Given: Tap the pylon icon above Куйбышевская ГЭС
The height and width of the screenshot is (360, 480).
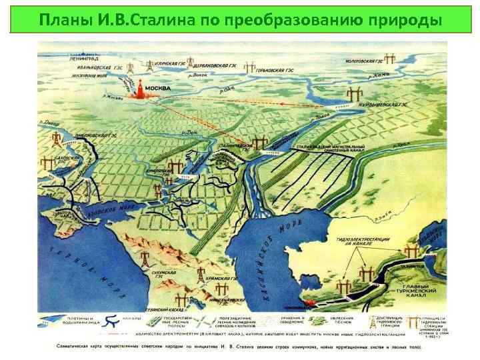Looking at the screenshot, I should [x=351, y=93].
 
